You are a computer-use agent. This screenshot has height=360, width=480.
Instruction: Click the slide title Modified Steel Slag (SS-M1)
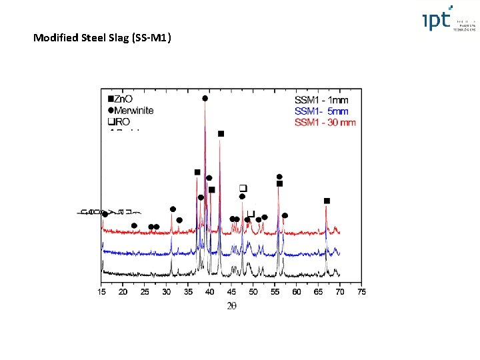[x=103, y=38]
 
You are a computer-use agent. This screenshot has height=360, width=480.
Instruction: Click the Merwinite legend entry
[x=131, y=111]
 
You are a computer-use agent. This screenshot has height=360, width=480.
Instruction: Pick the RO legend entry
[x=119, y=122]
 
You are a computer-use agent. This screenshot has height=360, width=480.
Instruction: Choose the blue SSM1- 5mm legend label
[x=321, y=111]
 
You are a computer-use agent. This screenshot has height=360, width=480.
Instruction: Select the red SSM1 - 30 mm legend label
[x=325, y=122]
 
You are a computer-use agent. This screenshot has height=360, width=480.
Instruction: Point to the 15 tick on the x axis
[x=101, y=292]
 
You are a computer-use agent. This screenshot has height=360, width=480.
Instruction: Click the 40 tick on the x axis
[x=209, y=292]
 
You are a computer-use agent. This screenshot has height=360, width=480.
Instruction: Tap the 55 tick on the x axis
[x=275, y=292]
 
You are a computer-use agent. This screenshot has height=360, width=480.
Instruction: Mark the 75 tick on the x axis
[x=361, y=292]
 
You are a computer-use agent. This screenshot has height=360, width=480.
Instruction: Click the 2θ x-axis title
[x=231, y=306]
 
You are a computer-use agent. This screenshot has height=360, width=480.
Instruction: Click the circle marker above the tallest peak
[x=205, y=99]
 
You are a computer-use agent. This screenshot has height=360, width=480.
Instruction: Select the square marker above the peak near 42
[x=221, y=134]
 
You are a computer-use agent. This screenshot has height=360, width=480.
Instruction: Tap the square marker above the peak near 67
[x=327, y=201]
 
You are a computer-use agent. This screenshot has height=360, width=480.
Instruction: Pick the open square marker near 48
[x=243, y=187]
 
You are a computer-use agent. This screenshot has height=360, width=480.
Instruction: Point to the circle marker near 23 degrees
[x=134, y=226]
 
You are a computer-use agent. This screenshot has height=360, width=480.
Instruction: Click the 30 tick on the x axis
[x=167, y=292]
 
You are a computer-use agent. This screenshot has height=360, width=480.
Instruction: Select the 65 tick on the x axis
[x=318, y=292]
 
